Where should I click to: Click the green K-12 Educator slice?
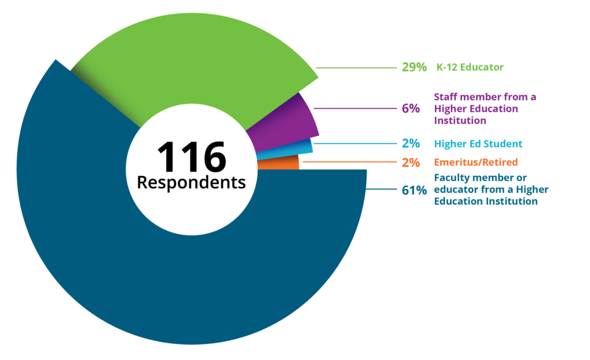(190, 63)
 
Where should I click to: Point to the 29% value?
(414, 67)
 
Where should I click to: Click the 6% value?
(411, 108)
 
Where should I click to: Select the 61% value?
(414, 190)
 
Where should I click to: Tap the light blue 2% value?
(411, 144)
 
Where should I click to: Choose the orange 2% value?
(411, 162)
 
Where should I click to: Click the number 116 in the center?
(191, 157)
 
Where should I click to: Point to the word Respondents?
(191, 183)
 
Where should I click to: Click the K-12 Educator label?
(469, 67)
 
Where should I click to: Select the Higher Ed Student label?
(478, 144)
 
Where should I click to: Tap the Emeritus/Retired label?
(476, 162)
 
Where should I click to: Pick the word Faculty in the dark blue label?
(451, 177)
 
